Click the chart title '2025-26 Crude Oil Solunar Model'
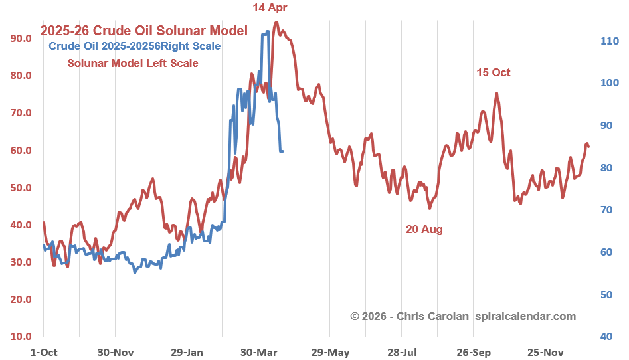point(144,31)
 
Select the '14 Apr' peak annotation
point(270,8)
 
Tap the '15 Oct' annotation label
point(494,72)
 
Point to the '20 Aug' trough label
point(424,229)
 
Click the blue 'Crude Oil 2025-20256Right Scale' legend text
point(135,46)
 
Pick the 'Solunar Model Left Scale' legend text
point(133,64)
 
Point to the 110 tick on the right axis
point(610,41)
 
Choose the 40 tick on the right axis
point(607,337)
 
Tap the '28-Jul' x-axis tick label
point(402,351)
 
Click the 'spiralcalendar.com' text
point(525,316)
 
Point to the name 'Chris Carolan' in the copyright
point(433,316)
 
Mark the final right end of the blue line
point(283,151)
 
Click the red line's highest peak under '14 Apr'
point(276,23)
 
